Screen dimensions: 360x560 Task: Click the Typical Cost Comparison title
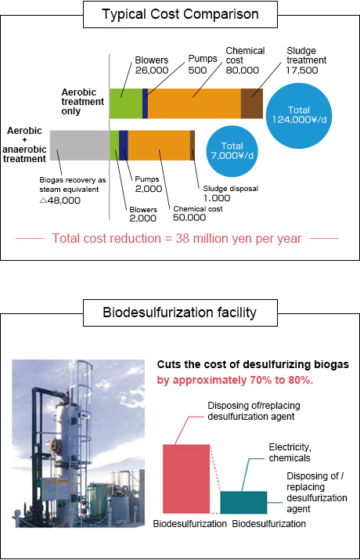click(x=180, y=14)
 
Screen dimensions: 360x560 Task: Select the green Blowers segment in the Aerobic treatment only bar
click(x=126, y=103)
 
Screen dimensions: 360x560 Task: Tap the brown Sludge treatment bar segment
click(x=252, y=103)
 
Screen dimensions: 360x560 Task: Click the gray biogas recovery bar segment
click(x=80, y=146)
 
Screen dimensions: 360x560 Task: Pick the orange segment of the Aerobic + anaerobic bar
click(x=159, y=146)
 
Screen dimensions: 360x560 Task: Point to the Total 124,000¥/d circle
click(x=299, y=115)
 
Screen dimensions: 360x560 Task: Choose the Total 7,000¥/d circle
click(x=232, y=151)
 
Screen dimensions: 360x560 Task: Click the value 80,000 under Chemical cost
click(x=243, y=70)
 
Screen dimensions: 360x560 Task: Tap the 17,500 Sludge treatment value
click(x=302, y=70)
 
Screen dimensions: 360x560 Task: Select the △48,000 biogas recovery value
click(x=60, y=201)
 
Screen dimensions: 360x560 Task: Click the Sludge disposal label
click(x=231, y=189)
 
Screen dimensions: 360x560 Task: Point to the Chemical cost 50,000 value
click(x=189, y=218)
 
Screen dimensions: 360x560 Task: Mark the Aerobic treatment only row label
click(x=82, y=102)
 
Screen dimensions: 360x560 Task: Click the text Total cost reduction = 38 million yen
click(x=147, y=239)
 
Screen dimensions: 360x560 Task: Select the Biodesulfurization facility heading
click(x=180, y=313)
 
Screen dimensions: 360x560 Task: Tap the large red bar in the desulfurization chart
click(x=186, y=479)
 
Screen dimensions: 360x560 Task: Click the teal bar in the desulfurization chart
click(x=243, y=503)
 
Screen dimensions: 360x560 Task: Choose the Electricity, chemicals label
click(x=290, y=453)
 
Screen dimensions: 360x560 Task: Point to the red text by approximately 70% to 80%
click(x=235, y=381)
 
